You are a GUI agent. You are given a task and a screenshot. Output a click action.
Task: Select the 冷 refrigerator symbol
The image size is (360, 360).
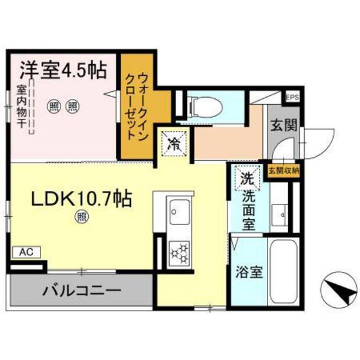[x=174, y=143]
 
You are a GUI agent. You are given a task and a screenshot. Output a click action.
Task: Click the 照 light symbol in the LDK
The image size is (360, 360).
[x=82, y=217]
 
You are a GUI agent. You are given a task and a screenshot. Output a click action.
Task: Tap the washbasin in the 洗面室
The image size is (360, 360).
[x=280, y=213]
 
